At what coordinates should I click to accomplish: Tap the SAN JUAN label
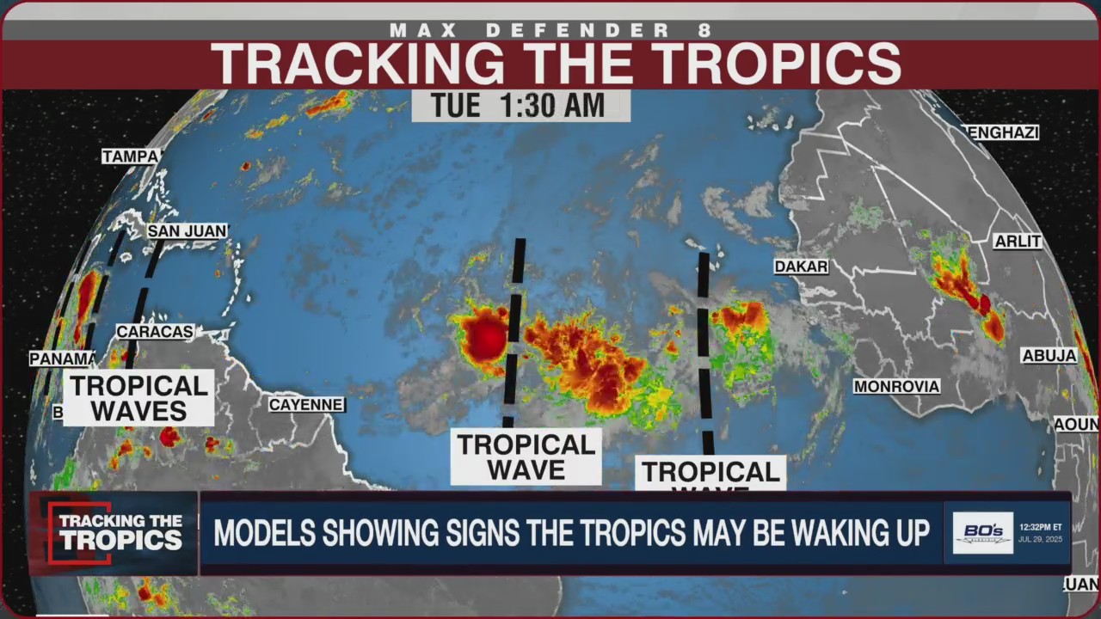(x=187, y=231)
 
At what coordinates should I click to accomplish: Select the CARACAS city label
(x=155, y=332)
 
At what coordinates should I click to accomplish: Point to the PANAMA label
(x=62, y=359)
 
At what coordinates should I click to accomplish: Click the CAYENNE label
(x=306, y=404)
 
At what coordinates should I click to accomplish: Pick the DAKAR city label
(x=801, y=267)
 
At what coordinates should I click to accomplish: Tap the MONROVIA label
(x=896, y=387)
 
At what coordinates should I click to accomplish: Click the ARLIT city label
(x=1018, y=242)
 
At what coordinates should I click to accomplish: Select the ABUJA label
(x=1049, y=356)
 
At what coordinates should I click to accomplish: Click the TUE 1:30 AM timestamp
(x=520, y=106)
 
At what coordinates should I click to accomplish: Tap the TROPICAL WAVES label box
(x=138, y=398)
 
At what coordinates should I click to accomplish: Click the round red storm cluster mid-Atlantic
(x=484, y=338)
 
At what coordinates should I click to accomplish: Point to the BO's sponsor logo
(x=982, y=533)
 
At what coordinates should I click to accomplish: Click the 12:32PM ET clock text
(x=1041, y=526)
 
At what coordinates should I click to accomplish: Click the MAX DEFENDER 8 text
(x=550, y=30)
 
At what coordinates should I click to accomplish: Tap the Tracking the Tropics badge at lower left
(x=114, y=533)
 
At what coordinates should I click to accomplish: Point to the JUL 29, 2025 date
(x=1041, y=540)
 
